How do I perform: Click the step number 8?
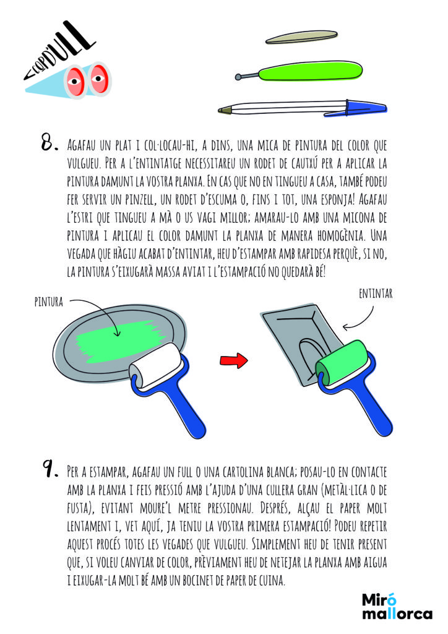pyautogui.click(x=50, y=143)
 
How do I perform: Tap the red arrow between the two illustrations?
pyautogui.click(x=234, y=360)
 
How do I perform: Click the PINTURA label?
pyautogui.click(x=48, y=302)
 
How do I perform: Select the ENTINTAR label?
pyautogui.click(x=376, y=293)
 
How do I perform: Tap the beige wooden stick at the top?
pyautogui.click(x=301, y=37)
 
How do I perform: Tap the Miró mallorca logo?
pyautogui.click(x=397, y=606)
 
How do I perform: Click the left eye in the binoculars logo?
pyautogui.click(x=75, y=81)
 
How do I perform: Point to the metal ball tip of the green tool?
pyautogui.click(x=239, y=76)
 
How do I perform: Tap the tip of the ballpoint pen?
pyautogui.click(x=219, y=110)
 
